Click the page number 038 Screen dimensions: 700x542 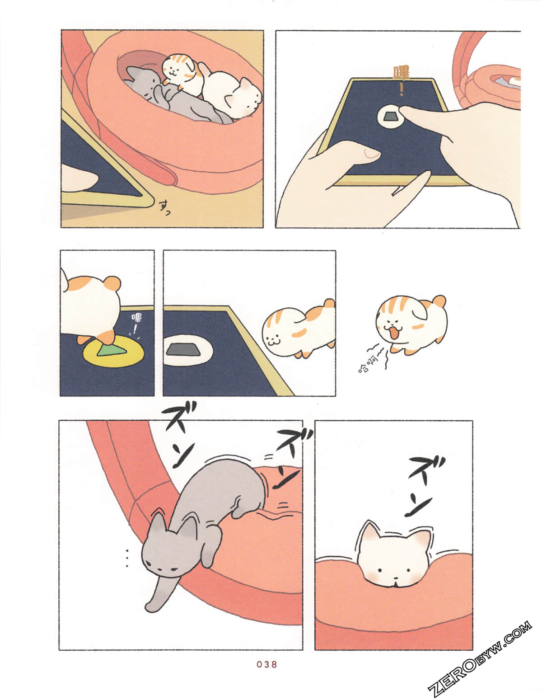pos(266,664)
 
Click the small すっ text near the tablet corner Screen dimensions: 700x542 pos(165,207)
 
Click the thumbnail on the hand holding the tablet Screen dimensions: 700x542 pos(371,154)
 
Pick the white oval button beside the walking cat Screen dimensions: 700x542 pos(187,350)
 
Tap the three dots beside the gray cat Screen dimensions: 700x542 pos(127,558)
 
